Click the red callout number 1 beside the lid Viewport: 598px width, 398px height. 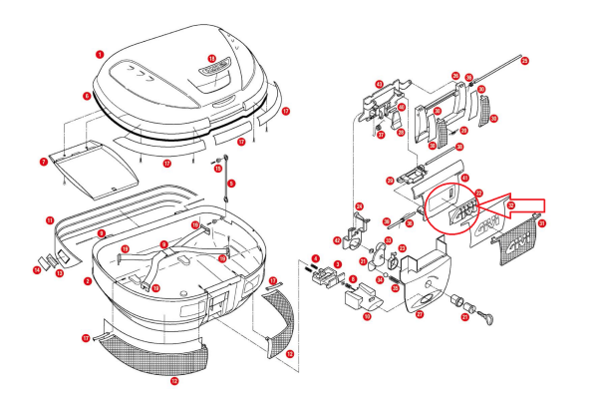100,53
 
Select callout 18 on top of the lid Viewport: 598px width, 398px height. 211,59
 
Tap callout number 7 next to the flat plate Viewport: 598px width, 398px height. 44,160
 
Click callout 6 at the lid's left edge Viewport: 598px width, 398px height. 87,97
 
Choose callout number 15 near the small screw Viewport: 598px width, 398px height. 218,171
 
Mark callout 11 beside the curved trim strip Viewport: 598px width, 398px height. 50,219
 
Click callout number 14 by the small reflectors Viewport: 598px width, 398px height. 37,268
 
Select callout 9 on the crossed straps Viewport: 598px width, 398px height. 163,244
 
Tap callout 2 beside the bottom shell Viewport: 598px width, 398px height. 88,281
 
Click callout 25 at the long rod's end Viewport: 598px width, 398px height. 525,61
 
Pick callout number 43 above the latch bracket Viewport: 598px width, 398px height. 379,85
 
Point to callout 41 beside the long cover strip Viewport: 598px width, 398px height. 464,178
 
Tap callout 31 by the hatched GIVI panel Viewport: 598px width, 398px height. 542,224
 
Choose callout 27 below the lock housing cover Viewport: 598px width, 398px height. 420,314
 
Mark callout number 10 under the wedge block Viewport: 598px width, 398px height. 367,316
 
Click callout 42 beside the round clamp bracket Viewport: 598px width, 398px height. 338,239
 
